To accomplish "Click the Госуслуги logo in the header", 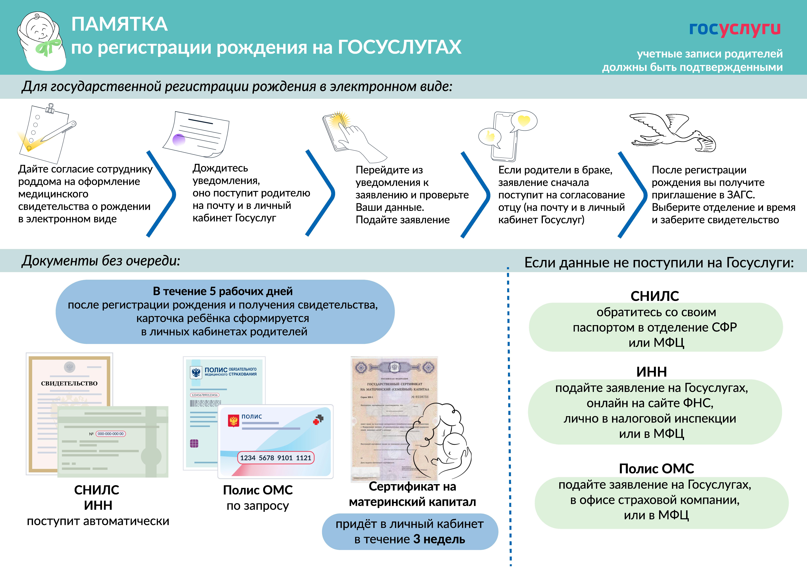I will tap(735, 29).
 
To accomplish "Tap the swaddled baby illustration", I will tap(42, 40).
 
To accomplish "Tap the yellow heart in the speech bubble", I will tap(524, 120).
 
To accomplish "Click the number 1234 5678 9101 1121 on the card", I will tap(276, 458).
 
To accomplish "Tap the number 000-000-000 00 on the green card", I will tap(110, 434).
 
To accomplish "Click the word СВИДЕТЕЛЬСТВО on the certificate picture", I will tap(69, 383).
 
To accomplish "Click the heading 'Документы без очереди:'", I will tap(101, 261).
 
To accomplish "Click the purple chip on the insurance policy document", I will tap(194, 444).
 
